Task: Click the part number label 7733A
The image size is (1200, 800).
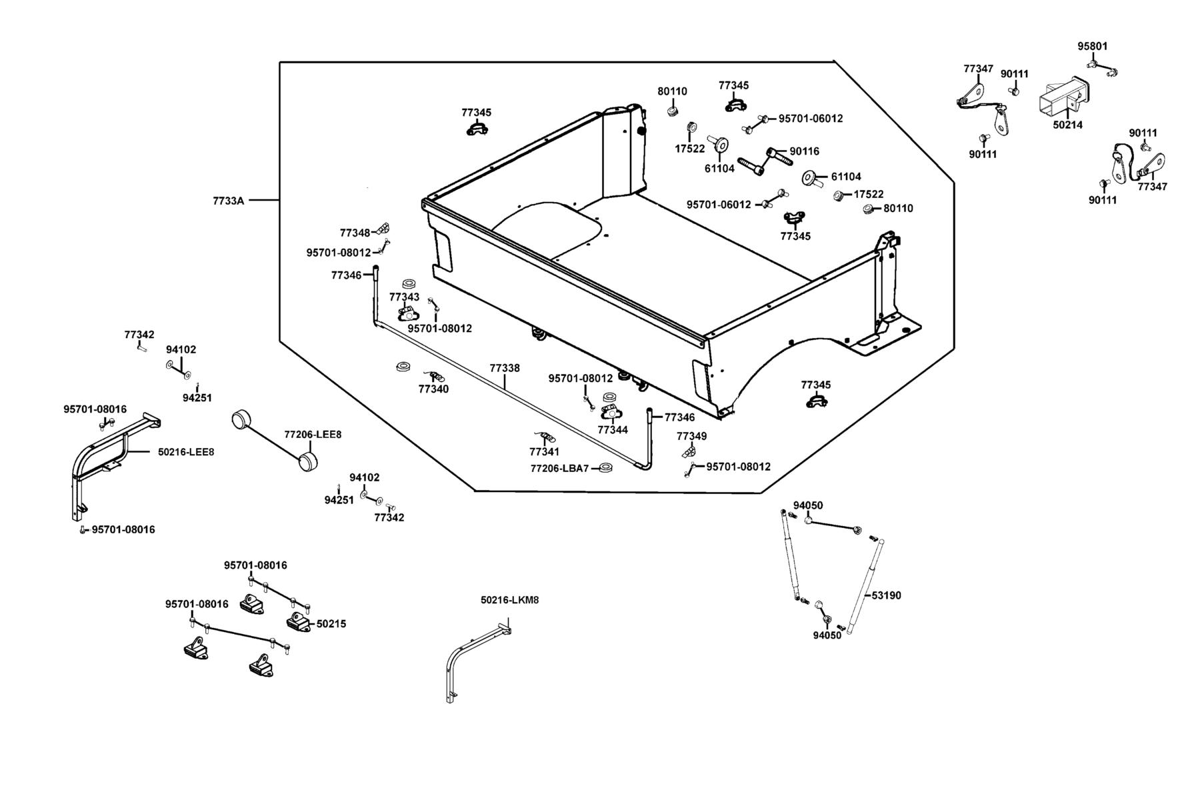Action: [x=229, y=201]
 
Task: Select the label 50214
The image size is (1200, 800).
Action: [x=1068, y=125]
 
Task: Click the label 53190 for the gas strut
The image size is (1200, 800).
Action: [x=886, y=595]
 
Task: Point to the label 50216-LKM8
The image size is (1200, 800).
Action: [x=509, y=600]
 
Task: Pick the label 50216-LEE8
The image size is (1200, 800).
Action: [x=186, y=452]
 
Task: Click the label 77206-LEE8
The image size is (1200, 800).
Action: [x=313, y=435]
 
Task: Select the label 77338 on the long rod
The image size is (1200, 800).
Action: [x=505, y=368]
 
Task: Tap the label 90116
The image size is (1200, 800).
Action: [x=805, y=152]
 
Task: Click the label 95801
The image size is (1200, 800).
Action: [x=1093, y=47]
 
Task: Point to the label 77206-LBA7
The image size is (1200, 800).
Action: [x=560, y=469]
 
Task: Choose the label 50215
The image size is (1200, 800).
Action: [x=331, y=625]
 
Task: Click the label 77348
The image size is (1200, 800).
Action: [x=355, y=233]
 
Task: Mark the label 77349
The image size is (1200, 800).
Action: [x=692, y=437]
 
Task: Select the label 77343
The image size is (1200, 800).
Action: [x=405, y=297]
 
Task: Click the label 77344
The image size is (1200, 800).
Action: [x=613, y=431]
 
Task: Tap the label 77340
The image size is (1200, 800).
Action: [x=433, y=389]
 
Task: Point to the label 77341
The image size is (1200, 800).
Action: [x=545, y=452]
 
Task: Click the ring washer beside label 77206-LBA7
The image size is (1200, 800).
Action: [x=606, y=467]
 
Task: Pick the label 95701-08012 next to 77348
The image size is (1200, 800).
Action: [x=339, y=253]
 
